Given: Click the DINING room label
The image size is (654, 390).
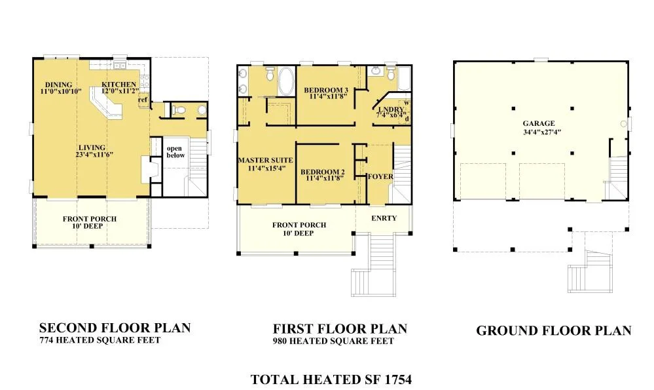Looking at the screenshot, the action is (59, 85).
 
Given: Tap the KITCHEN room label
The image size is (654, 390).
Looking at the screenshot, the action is (119, 85).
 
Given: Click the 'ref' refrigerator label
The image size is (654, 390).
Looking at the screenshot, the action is (143, 100).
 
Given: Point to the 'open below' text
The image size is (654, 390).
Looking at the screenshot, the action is (175, 151).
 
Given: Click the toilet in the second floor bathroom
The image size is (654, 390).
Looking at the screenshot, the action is (179, 110).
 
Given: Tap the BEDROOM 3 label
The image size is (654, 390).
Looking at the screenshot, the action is (326, 90).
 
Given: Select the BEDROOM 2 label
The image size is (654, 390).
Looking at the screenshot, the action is (323, 172).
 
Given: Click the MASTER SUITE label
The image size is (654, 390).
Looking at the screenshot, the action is (266, 160).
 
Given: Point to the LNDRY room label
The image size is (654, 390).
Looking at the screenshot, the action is (391, 109).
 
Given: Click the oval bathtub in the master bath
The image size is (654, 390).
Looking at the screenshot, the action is (286, 81).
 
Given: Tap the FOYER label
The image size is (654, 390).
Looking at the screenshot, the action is (380, 176).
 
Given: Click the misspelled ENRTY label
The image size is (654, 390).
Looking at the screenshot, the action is (384, 218).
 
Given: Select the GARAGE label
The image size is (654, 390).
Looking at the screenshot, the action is (539, 123).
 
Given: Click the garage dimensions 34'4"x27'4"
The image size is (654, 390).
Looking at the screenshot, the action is (542, 132).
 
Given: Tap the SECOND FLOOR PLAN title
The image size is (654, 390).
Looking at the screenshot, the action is (115, 328).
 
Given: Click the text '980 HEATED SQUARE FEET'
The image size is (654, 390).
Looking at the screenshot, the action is (333, 341).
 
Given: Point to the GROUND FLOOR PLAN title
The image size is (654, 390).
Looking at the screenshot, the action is (554, 331).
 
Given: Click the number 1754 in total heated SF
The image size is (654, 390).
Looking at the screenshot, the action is (398, 380).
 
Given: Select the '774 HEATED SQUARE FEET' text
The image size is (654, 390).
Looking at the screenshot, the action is (100, 340).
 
